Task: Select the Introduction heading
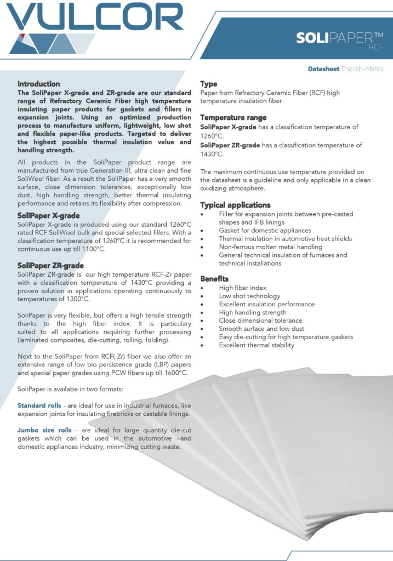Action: tap(38, 84)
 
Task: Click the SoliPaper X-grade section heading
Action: tap(49, 216)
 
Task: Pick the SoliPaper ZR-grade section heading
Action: tap(50, 266)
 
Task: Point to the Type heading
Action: tap(209, 84)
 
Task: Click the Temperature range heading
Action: tap(233, 118)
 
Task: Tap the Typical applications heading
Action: tap(236, 205)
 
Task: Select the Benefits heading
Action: tap(214, 279)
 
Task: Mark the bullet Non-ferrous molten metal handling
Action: tap(270, 247)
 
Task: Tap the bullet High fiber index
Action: tap(242, 288)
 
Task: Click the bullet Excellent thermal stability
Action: tap(257, 345)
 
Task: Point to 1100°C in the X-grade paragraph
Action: tap(92, 249)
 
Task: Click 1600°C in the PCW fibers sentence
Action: tap(175, 373)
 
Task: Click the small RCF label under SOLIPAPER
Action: tap(376, 48)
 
